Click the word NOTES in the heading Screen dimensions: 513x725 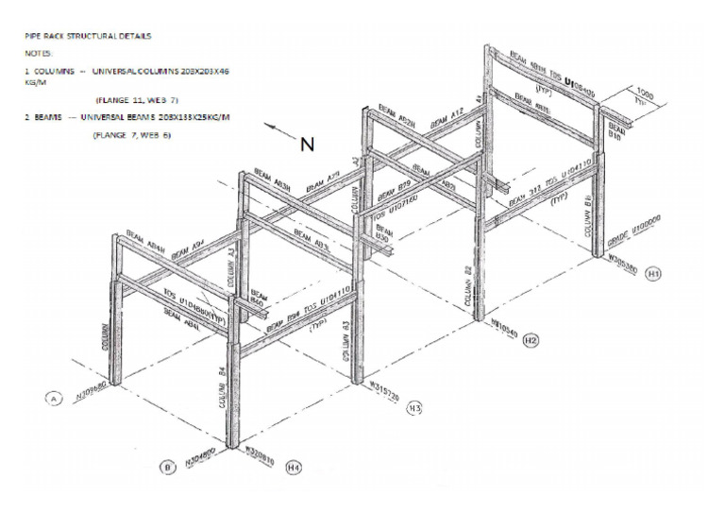[39, 54]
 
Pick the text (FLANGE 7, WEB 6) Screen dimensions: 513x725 [131, 135]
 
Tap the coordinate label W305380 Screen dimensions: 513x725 [626, 255]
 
